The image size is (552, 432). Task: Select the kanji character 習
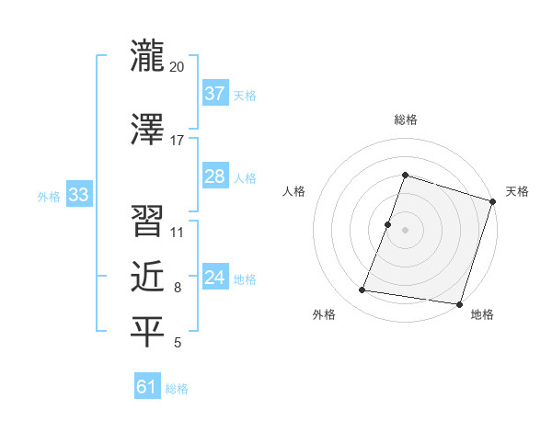(x=147, y=221)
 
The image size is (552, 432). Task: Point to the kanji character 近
(x=147, y=276)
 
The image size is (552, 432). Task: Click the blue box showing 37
(x=215, y=93)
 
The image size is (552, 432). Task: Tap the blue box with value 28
(x=215, y=176)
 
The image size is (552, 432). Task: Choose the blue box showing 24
(x=215, y=278)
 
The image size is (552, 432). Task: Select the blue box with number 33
(x=78, y=195)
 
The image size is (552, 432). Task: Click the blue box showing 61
(x=147, y=387)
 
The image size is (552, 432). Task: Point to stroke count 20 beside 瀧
(x=178, y=67)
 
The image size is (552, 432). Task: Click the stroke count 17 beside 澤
(x=178, y=141)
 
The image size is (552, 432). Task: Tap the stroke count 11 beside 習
(x=178, y=233)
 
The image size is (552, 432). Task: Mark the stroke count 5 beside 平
(x=178, y=344)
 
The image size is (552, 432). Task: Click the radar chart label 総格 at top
(x=405, y=119)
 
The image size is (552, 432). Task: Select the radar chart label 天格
(x=518, y=191)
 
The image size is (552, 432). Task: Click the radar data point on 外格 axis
(x=362, y=290)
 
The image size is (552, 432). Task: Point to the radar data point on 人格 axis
(x=388, y=224)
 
